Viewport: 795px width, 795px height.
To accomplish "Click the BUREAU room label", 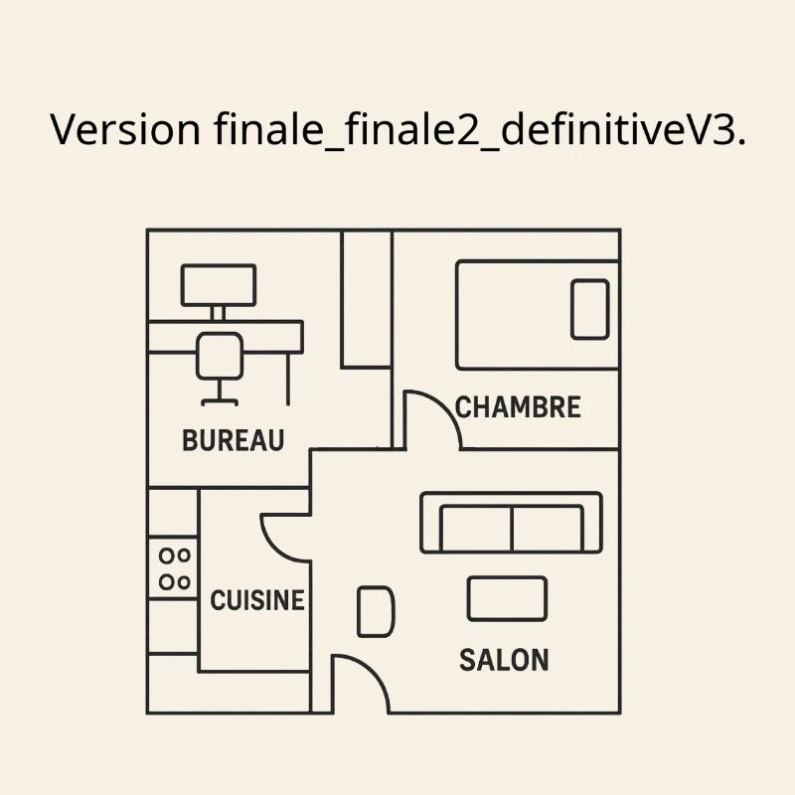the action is (x=234, y=440).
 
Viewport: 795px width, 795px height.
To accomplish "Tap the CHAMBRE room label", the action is (x=518, y=407).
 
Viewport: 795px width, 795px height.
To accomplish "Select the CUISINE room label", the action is (x=257, y=600).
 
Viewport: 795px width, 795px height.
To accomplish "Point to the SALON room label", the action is (x=504, y=660).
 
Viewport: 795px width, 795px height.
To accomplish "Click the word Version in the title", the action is (x=125, y=130).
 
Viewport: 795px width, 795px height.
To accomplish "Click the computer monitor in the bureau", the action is (x=219, y=285).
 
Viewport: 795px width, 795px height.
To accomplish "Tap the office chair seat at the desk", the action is (x=220, y=356).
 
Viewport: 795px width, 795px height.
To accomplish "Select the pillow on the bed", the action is (x=590, y=309).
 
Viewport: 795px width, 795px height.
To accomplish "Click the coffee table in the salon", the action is (x=507, y=599).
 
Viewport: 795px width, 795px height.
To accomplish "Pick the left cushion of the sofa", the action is (x=477, y=528).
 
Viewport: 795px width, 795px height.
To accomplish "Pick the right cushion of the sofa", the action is (x=548, y=528).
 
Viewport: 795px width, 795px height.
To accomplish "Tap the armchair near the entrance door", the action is (x=376, y=611).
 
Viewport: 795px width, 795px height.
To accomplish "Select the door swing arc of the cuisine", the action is (x=277, y=548).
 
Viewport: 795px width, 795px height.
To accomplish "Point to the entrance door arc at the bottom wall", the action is (x=374, y=672).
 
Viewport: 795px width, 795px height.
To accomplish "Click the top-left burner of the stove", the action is (x=166, y=556).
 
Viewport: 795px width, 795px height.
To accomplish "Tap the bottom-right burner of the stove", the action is (x=184, y=582).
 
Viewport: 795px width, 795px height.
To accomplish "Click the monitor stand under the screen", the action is (x=218, y=313).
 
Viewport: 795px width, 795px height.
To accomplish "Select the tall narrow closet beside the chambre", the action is (x=367, y=299).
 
